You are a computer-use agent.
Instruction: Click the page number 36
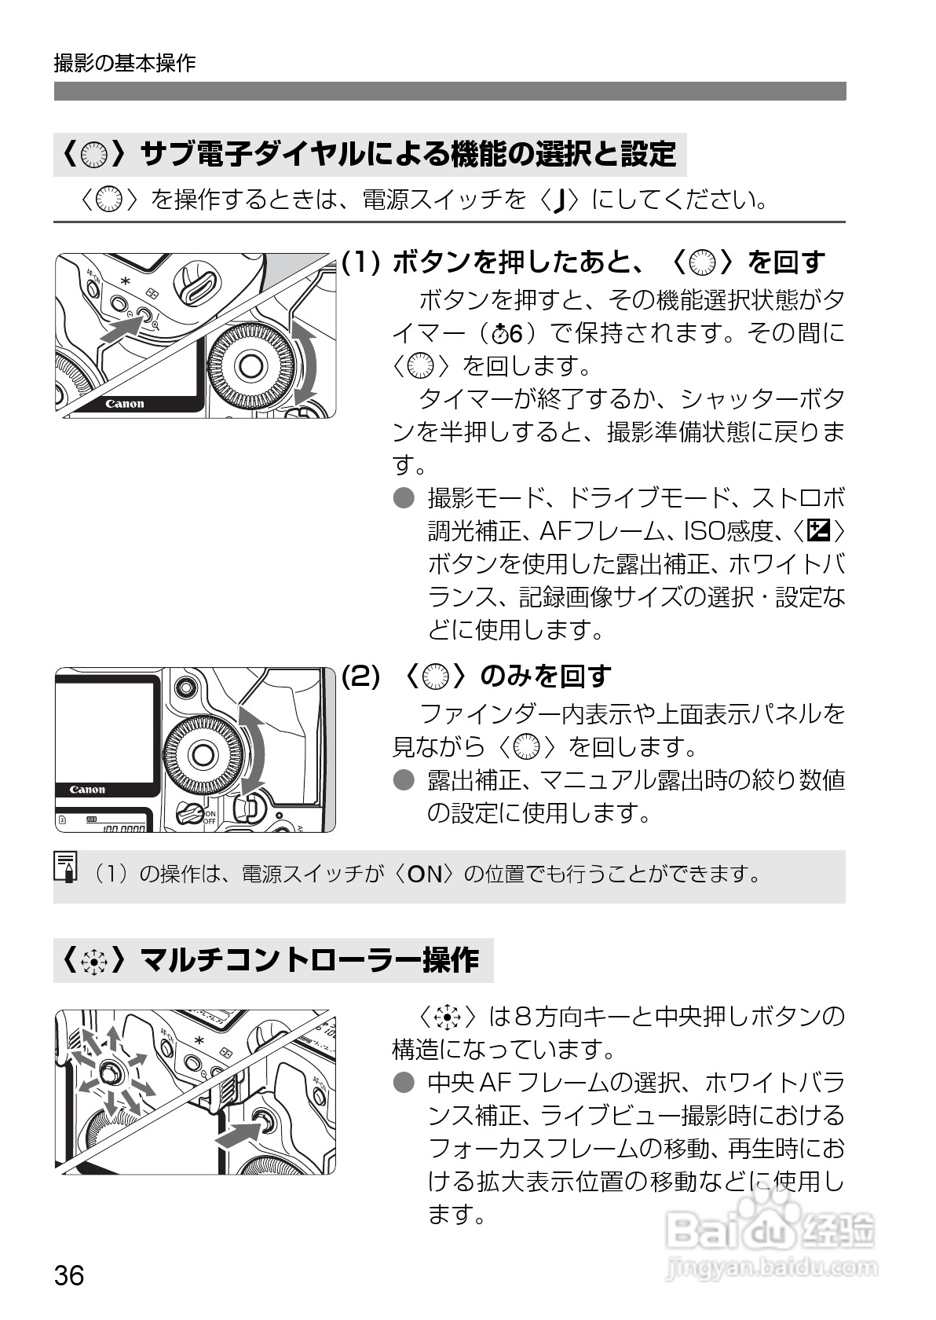pyautogui.click(x=69, y=1274)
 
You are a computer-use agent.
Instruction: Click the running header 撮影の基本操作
pyautogui.click(x=124, y=63)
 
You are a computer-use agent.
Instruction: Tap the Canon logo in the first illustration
pyautogui.click(x=125, y=404)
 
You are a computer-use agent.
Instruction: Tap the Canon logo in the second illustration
pyautogui.click(x=87, y=790)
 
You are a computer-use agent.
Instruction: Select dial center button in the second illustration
pyautogui.click(x=202, y=754)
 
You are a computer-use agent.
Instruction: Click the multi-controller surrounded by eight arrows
pyautogui.click(x=108, y=1071)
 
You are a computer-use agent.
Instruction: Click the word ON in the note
pyautogui.click(x=424, y=874)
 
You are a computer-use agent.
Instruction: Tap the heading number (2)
pyautogui.click(x=360, y=675)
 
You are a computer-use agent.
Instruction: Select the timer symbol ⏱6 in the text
pyautogui.click(x=506, y=333)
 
